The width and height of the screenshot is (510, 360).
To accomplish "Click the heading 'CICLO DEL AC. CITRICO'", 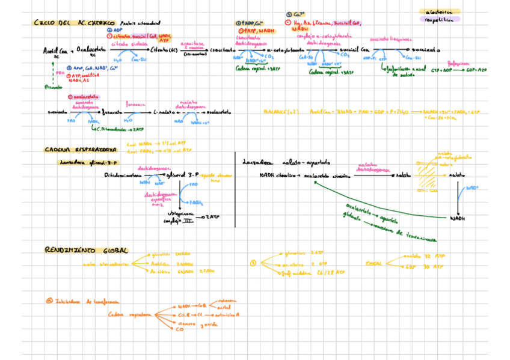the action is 75,23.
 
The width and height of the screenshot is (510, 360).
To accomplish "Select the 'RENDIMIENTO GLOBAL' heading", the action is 86,249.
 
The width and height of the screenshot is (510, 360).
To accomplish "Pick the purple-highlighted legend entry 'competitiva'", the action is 441,19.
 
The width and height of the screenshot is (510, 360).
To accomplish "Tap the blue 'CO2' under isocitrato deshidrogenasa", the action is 269,57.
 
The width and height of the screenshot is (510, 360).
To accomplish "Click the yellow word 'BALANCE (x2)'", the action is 281,112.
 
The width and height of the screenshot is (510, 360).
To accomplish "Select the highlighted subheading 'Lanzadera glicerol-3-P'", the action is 89,162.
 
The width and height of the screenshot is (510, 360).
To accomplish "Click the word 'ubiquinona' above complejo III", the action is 179,215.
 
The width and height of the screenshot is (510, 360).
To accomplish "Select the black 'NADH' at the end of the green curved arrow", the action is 458,218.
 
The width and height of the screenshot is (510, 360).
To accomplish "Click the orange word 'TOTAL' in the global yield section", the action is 374,263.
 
